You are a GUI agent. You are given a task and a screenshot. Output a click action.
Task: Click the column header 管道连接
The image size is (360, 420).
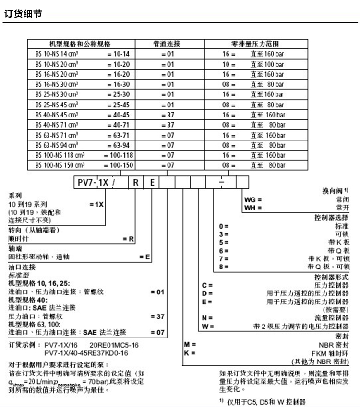170,44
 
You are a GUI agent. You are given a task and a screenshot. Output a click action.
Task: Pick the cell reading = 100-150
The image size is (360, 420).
118,165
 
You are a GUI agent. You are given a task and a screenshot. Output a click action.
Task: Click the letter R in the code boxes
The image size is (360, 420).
135,182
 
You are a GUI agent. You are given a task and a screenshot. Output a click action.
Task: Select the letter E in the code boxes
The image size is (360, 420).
151,182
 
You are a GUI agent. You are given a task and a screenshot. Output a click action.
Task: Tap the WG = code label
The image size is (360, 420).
252,199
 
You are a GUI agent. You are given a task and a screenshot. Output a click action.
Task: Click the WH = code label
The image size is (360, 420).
252,207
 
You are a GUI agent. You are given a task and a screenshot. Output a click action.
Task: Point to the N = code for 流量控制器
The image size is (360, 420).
207,317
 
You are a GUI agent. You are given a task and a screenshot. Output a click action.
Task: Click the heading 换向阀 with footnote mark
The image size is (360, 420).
336,191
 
